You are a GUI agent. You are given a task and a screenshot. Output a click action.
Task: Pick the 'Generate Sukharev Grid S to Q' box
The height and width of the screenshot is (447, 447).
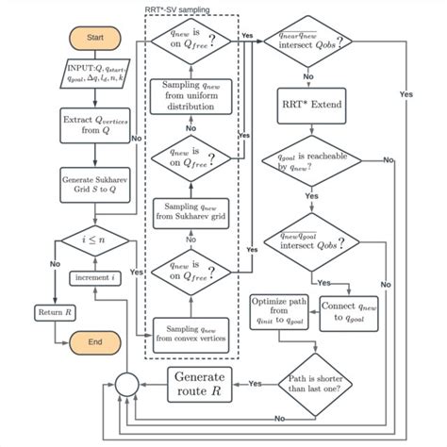point(93,183)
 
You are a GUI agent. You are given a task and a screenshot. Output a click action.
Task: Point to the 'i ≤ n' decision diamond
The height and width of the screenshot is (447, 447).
point(94,240)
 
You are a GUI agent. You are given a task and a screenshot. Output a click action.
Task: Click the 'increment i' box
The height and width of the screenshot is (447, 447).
point(93,278)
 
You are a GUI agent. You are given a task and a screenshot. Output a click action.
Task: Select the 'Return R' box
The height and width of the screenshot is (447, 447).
point(54,312)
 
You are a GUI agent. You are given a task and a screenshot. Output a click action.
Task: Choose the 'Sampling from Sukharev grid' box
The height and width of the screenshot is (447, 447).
point(191,211)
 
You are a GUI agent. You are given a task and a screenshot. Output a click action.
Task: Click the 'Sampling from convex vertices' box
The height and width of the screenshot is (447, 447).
point(191,332)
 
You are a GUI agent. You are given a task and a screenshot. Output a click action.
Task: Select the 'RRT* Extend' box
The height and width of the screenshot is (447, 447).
point(307,102)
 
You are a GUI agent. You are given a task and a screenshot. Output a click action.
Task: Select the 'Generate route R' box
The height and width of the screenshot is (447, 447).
point(200,384)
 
